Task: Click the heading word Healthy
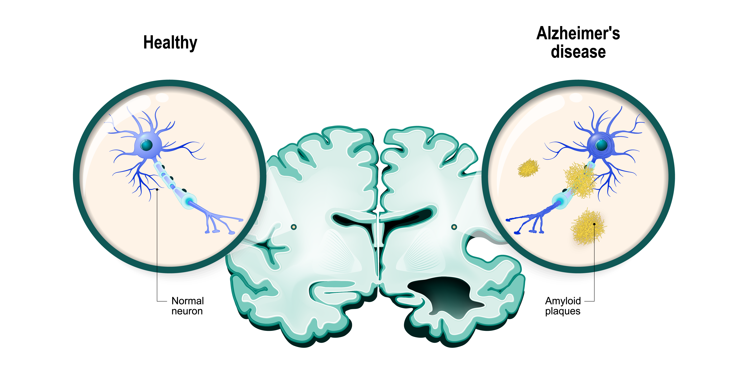(x=170, y=43)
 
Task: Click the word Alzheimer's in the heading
(x=578, y=33)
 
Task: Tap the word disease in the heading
(x=578, y=52)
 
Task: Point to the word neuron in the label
(x=187, y=311)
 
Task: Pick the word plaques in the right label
(x=563, y=311)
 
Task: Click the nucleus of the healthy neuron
(x=147, y=145)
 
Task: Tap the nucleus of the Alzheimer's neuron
(x=601, y=145)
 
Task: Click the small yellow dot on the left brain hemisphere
(x=294, y=227)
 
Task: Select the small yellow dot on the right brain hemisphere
(x=454, y=227)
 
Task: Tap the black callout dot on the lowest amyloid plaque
(x=594, y=224)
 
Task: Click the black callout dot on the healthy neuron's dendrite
(x=157, y=189)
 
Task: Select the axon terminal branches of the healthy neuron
(x=222, y=222)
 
